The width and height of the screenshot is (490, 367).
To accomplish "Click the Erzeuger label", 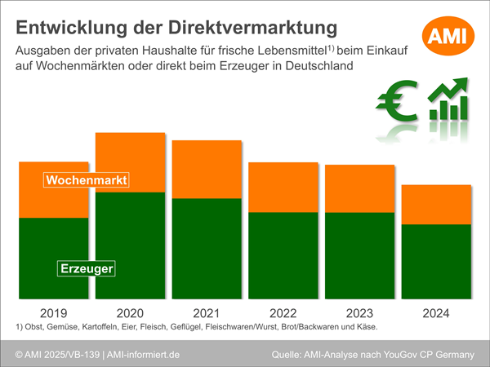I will pyautogui.click(x=86, y=268).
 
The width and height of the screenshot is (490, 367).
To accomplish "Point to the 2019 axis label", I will pyautogui.click(x=54, y=313).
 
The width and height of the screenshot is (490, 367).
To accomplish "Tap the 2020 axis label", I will pyautogui.click(x=131, y=313).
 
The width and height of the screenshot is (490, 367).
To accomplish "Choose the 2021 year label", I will pyautogui.click(x=207, y=313).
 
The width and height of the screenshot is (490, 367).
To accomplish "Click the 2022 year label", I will pyautogui.click(x=283, y=313).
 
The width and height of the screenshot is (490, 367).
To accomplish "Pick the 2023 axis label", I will pyautogui.click(x=360, y=313).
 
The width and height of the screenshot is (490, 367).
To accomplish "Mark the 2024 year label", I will pyautogui.click(x=437, y=313).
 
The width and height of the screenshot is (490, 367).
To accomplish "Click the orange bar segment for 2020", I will pyautogui.click(x=131, y=162).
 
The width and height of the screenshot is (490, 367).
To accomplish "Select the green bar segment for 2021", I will pyautogui.click(x=207, y=248).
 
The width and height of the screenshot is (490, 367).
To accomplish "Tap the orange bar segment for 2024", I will pyautogui.click(x=437, y=205).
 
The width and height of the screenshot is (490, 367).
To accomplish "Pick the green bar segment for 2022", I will pyautogui.click(x=283, y=254).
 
